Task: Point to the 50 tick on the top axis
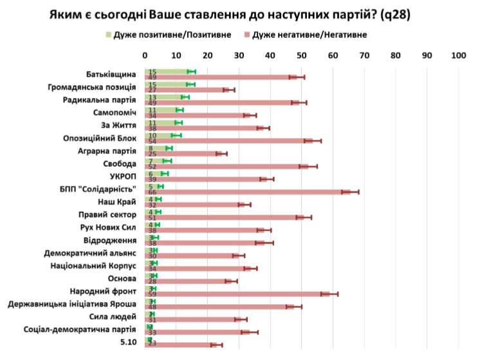pyautogui.click(x=302, y=55)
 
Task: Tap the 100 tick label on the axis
pyautogui.click(x=458, y=55)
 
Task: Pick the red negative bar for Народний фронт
pyautogui.click(x=238, y=294)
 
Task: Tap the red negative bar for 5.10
pyautogui.click(x=181, y=345)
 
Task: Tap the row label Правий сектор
pyautogui.click(x=107, y=214)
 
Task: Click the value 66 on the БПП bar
pyautogui.click(x=152, y=192)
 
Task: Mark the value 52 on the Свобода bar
pyautogui.click(x=152, y=166)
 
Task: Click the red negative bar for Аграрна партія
pyautogui.click(x=184, y=153)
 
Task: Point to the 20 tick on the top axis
pyautogui.click(x=208, y=55)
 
